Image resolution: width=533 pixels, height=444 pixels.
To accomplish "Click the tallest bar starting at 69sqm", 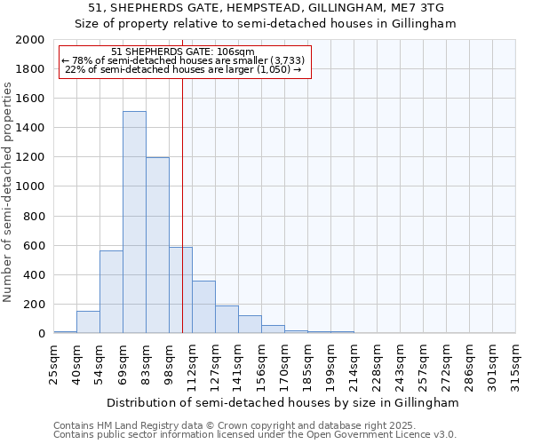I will coord(134,222).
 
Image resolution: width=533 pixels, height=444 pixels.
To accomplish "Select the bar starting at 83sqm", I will coord(157,245).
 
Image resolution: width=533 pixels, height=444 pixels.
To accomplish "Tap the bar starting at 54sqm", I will coord(111,291).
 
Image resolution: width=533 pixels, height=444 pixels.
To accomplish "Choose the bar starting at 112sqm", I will coord(203,307).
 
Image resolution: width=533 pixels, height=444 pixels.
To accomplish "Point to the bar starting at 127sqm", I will coord(227,320).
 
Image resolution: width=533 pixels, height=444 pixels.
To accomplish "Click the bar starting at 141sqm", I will coord(250,324).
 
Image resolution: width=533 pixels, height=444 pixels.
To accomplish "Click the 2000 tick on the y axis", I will coord(30,40).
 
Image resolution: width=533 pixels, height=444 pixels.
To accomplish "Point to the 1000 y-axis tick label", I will coord(30,186).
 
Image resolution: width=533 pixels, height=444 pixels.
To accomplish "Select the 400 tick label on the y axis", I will coord(34,274).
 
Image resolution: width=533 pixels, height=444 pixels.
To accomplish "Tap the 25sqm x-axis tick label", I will coord(54,361).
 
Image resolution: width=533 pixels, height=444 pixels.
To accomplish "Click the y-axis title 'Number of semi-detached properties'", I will coord(9,192).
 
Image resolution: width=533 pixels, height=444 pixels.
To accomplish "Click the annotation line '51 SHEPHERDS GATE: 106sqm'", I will coord(184,52).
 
